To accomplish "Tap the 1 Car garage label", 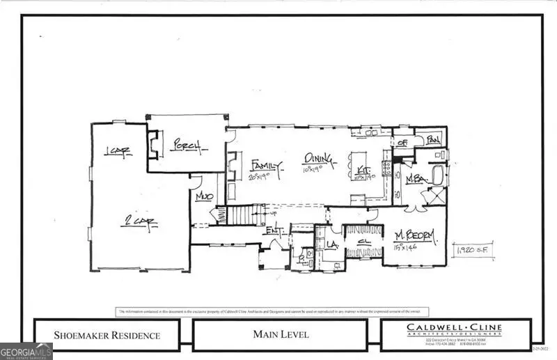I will tap(118, 152).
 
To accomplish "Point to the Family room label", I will tap(267, 166).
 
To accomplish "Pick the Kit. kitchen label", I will tap(363, 169).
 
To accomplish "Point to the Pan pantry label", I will tap(433, 139).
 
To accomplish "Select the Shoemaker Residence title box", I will tap(107, 335).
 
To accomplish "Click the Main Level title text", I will tap(281, 335).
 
